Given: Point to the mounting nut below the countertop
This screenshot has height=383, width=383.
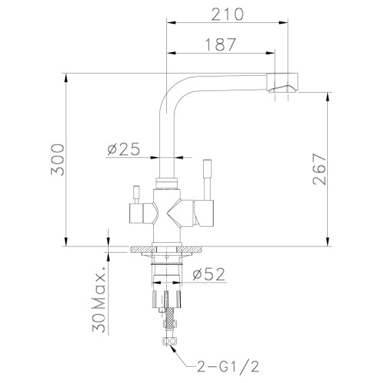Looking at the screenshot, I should (166, 261).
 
